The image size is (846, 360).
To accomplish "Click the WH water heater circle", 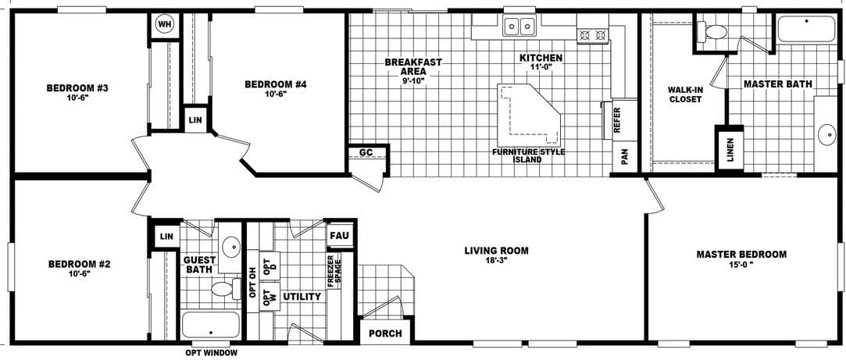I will (165, 23).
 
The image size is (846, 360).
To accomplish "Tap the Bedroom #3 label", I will (77, 87).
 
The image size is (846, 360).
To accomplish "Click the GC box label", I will (366, 152).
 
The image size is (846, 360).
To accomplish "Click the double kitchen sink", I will (519, 27).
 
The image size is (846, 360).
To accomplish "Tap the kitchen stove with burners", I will (592, 34).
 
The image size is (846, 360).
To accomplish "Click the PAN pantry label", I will (624, 157).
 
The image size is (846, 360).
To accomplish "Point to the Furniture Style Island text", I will (527, 155).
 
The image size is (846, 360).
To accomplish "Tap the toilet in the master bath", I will (712, 32).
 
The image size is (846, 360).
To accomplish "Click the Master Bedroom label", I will (741, 255).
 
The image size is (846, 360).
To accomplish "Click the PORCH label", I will (386, 333).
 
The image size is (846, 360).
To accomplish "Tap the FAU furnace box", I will (339, 235).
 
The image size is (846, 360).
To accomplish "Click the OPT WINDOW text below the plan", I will (211, 352).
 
